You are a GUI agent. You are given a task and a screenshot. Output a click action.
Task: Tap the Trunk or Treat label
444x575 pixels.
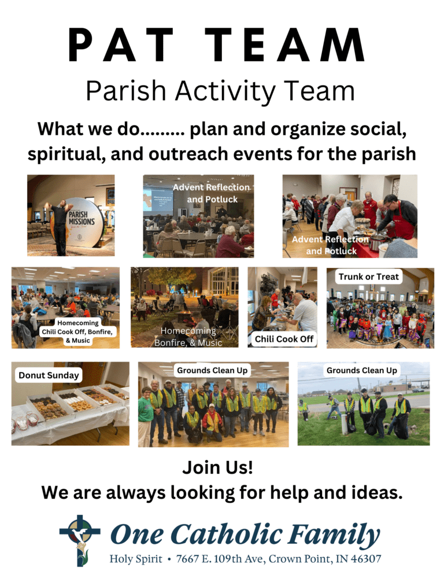tap(368, 277)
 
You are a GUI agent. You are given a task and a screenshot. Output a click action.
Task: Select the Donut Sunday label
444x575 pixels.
tap(48, 375)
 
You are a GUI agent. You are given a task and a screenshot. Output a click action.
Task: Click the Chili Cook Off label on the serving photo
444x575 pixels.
tap(283, 339)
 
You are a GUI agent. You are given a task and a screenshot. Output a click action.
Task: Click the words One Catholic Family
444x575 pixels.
tap(245, 534)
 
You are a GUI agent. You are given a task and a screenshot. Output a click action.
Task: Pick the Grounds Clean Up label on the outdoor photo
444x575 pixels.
tap(362, 370)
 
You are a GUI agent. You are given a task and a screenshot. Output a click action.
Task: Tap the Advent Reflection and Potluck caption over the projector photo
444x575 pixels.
tap(212, 193)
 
